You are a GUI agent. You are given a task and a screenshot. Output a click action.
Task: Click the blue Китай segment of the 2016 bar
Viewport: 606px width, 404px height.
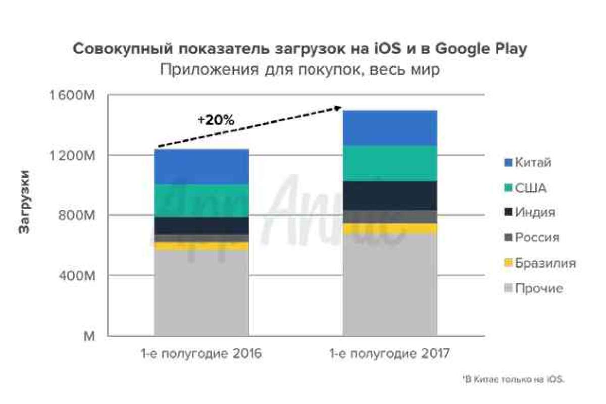(x=201, y=167)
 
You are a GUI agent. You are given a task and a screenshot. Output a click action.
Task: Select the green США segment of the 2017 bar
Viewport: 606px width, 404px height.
(x=390, y=163)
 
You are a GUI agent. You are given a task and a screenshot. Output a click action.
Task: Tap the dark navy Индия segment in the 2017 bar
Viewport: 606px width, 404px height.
(x=390, y=195)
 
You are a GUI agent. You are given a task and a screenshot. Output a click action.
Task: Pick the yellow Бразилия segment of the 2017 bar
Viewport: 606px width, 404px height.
(x=390, y=229)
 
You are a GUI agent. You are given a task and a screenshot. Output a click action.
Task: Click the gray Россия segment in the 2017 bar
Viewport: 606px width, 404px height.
(x=390, y=217)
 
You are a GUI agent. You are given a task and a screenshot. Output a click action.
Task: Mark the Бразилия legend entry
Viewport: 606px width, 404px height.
(x=540, y=263)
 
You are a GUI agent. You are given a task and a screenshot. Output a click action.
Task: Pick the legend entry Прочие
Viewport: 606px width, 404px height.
(x=534, y=289)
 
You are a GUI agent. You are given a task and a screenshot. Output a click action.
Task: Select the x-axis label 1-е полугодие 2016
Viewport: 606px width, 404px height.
(x=201, y=353)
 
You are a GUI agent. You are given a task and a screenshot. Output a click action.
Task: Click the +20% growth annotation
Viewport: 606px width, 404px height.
(x=216, y=121)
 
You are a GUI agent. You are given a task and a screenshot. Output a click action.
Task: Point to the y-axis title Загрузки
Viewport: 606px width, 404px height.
(x=23, y=203)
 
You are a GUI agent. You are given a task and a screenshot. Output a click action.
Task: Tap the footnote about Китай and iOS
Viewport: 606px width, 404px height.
(x=513, y=379)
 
